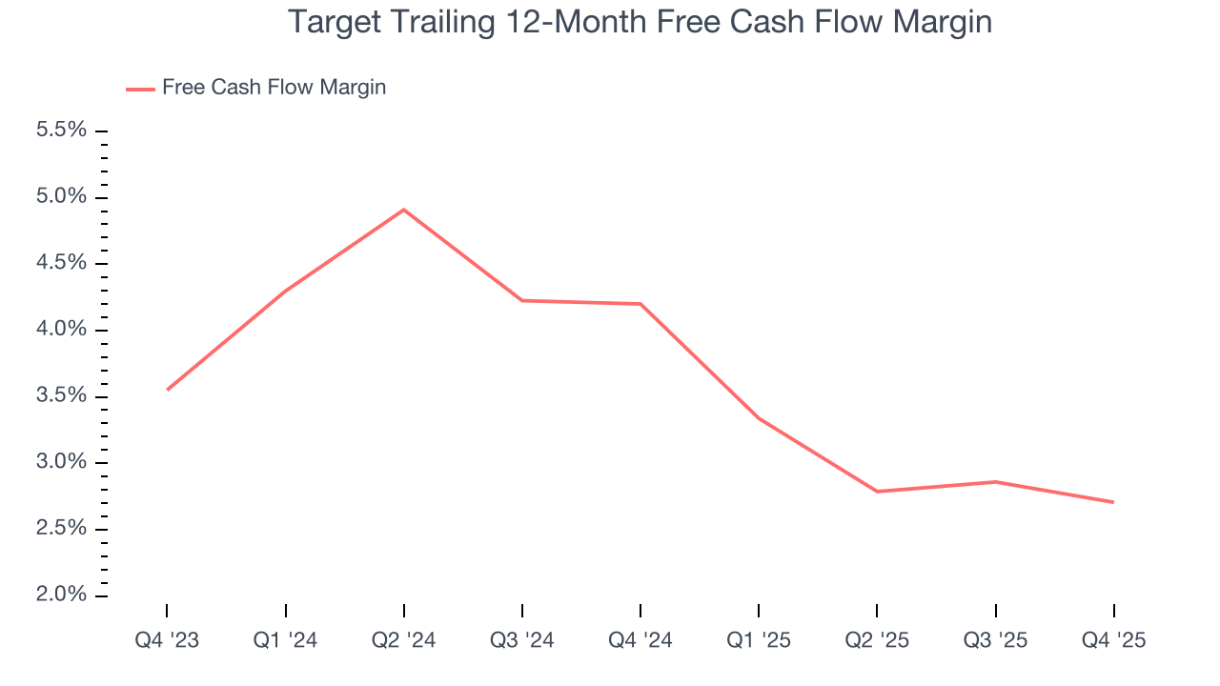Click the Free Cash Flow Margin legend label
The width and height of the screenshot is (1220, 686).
[274, 88]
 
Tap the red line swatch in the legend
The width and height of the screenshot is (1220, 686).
[140, 89]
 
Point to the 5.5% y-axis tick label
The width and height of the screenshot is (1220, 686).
[61, 131]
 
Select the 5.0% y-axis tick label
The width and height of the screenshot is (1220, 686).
[61, 197]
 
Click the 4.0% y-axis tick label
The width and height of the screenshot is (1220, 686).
[61, 330]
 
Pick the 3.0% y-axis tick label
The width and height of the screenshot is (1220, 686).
[61, 462]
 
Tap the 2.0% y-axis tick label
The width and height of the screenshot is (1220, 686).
[61, 595]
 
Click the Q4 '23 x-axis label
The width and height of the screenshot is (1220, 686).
[167, 640]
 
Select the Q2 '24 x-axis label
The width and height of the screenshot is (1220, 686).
[404, 640]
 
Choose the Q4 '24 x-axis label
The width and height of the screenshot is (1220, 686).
[640, 640]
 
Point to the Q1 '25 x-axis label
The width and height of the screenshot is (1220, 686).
[759, 640]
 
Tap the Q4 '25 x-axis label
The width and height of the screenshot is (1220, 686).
[1113, 640]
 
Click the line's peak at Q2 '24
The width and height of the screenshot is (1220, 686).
[404, 210]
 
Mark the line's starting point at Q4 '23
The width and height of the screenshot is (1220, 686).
[167, 390]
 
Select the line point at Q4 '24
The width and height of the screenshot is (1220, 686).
[640, 304]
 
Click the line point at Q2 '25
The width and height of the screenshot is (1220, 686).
[877, 492]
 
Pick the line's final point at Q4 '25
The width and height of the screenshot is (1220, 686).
[1113, 502]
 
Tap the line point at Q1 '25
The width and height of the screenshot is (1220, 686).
[759, 418]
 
